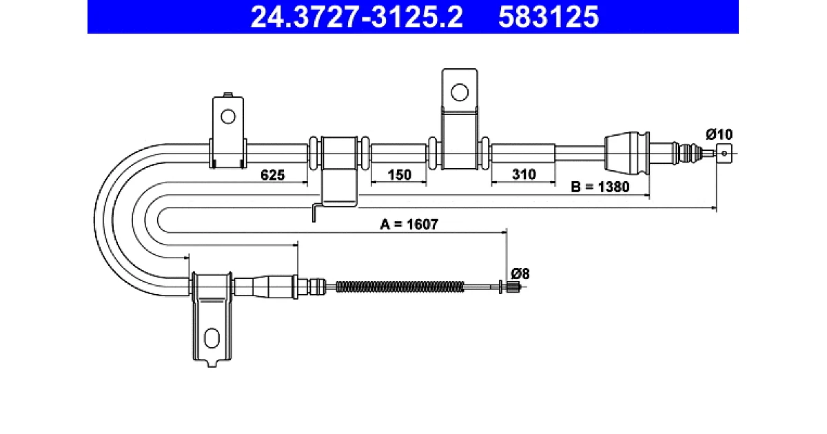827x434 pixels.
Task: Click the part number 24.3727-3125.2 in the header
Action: coord(357,17)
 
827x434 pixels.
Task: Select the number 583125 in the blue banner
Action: coord(549,17)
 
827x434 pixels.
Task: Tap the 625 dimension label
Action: coord(272,175)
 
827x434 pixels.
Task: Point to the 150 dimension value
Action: coord(400,174)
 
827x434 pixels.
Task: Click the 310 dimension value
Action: coord(524,174)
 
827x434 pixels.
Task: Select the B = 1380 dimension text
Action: coord(600,187)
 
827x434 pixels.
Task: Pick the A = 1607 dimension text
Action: coord(409,224)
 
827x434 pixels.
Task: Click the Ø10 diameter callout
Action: coord(719,134)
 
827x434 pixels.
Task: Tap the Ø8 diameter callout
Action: coord(520,274)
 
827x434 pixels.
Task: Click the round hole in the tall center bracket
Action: coord(460,92)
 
